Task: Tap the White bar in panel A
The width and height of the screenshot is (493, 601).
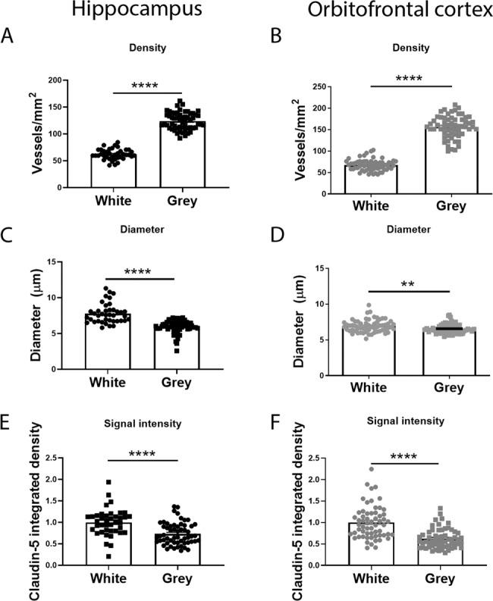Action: [114, 171]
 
